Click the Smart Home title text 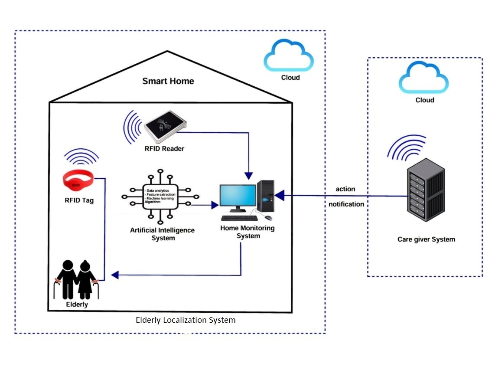click(x=168, y=81)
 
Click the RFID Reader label click(x=164, y=149)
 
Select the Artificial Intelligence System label click(x=162, y=234)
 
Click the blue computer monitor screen click(x=237, y=198)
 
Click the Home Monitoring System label click(x=248, y=232)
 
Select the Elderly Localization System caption click(x=186, y=321)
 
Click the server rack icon click(x=426, y=191)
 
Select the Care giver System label click(x=426, y=239)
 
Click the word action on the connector click(x=345, y=189)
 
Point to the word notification click(x=346, y=204)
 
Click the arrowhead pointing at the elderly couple click(x=115, y=275)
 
